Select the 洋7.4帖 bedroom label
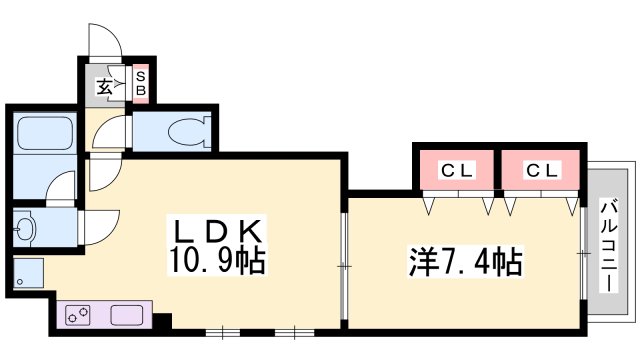point(462,264)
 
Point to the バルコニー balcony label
point(607,246)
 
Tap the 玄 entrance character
point(104,87)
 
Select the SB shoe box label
point(141,84)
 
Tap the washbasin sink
point(27,229)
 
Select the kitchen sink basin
point(128,314)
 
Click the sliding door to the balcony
point(583,254)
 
